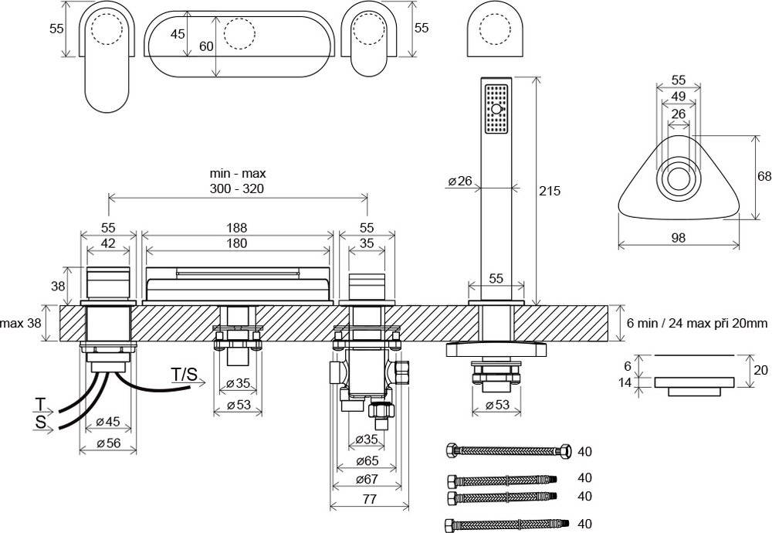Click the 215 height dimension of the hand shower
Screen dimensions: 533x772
(550, 190)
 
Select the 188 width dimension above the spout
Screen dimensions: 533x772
(237, 228)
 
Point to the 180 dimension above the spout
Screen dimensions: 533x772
(237, 243)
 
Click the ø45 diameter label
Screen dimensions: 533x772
(108, 422)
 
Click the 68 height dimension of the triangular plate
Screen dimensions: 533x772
(764, 176)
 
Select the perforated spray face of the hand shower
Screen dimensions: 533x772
(495, 111)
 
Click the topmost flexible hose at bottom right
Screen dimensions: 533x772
(508, 450)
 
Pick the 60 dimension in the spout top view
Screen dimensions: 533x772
(206, 46)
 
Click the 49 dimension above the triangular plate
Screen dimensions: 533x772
(679, 96)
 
